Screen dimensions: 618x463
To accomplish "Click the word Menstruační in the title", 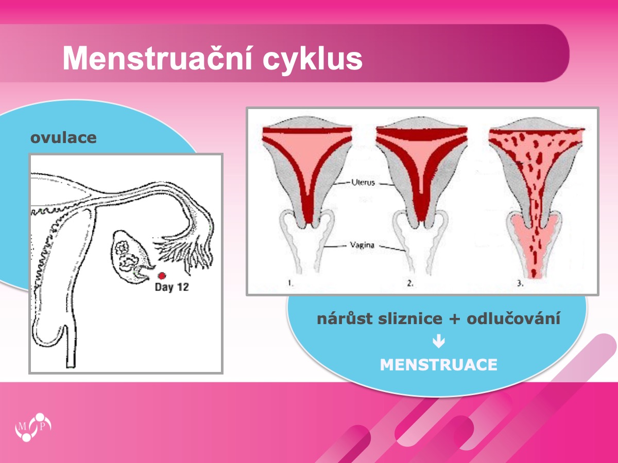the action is pyautogui.click(x=158, y=58).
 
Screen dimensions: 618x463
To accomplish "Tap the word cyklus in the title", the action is pyautogui.click(x=313, y=60).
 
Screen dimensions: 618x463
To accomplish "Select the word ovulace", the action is pyautogui.click(x=63, y=138).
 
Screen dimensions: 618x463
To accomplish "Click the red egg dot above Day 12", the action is pyautogui.click(x=162, y=276).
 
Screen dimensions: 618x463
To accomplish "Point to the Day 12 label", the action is pyautogui.click(x=171, y=287).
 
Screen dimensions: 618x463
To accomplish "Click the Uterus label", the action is pyautogui.click(x=363, y=183).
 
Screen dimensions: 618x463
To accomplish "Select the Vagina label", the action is pyautogui.click(x=362, y=245).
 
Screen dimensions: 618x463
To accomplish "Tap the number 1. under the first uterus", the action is pyautogui.click(x=290, y=283).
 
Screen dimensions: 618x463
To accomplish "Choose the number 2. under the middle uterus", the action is pyautogui.click(x=410, y=283).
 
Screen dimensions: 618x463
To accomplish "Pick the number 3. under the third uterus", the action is pyautogui.click(x=520, y=283).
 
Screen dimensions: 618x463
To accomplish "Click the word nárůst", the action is pyautogui.click(x=345, y=319).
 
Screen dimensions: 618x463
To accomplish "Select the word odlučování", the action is pyautogui.click(x=513, y=319).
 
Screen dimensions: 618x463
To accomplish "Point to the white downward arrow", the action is pyautogui.click(x=439, y=342).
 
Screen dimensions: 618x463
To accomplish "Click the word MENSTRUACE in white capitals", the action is pyautogui.click(x=439, y=365).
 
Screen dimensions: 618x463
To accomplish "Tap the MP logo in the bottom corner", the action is pyautogui.click(x=33, y=427).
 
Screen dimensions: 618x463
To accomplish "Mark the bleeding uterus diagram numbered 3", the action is pyautogui.click(x=536, y=197).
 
